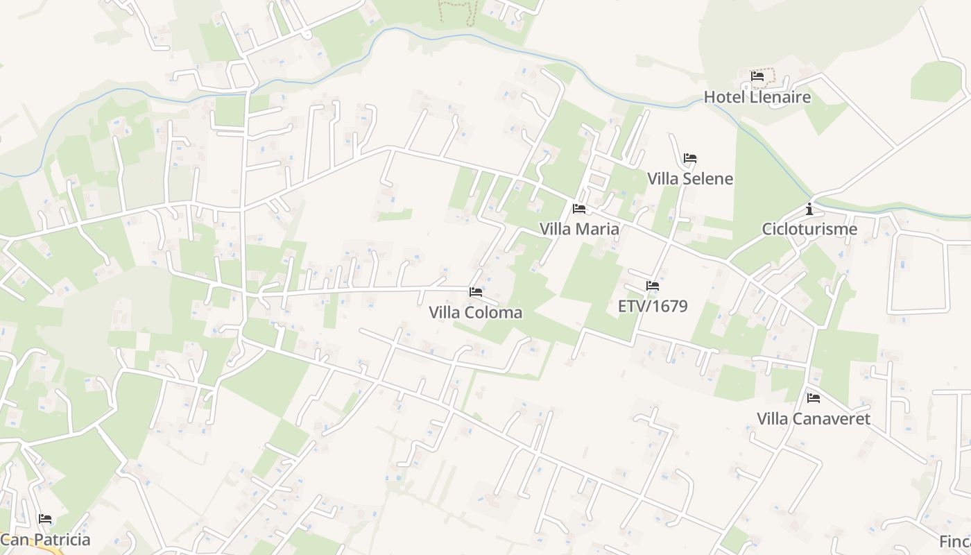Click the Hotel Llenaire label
click(757, 97)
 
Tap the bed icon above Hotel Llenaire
click(757, 76)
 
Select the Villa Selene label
click(690, 179)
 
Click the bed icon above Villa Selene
click(690, 158)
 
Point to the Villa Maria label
click(579, 229)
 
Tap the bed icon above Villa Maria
click(579, 208)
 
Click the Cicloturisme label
click(809, 229)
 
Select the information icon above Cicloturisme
click(809, 208)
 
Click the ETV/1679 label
click(653, 306)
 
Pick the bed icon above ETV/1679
click(653, 285)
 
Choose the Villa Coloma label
click(476, 313)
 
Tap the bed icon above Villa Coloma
click(476, 292)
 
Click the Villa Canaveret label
click(814, 419)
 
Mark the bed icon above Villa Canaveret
click(814, 398)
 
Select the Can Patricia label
click(45, 540)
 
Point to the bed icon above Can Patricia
click(45, 519)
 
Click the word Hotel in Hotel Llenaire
click(725, 97)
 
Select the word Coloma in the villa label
click(493, 313)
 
